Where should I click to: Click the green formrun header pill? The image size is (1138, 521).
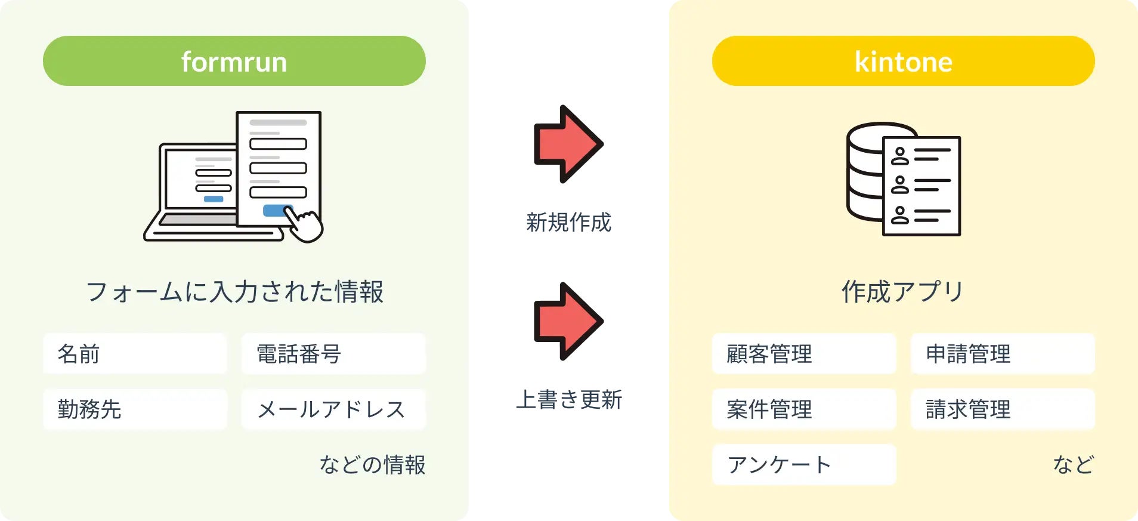tap(234, 61)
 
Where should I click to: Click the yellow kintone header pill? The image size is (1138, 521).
tap(903, 61)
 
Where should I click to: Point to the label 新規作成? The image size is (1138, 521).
tap(568, 222)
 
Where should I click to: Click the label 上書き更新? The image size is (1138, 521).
tap(568, 399)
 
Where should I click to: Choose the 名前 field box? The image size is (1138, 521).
tap(135, 354)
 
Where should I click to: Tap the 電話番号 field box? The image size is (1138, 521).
tap(333, 354)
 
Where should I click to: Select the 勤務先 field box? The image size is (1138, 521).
tap(135, 409)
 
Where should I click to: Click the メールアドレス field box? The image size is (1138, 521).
tap(333, 409)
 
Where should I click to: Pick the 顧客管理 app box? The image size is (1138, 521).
tap(804, 354)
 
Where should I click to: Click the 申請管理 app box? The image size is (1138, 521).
tap(1003, 354)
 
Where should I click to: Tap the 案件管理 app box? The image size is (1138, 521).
tap(804, 409)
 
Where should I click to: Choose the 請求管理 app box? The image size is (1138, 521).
tap(1003, 409)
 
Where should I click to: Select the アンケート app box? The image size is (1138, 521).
tap(804, 464)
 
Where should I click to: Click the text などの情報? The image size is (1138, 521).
tap(372, 464)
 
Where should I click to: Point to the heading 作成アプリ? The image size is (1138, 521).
tap(903, 291)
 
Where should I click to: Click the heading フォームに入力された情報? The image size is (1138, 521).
tap(234, 291)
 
